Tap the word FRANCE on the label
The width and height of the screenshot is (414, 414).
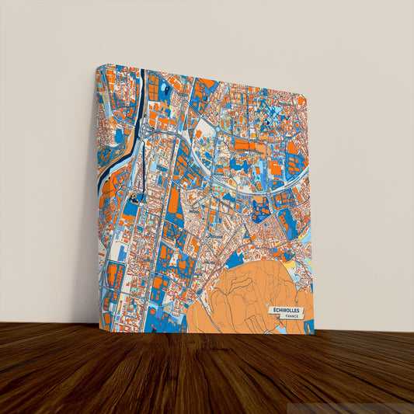point(290,317)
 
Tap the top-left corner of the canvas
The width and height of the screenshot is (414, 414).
point(98,64)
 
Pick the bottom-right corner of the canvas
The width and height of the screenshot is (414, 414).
point(313,332)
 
